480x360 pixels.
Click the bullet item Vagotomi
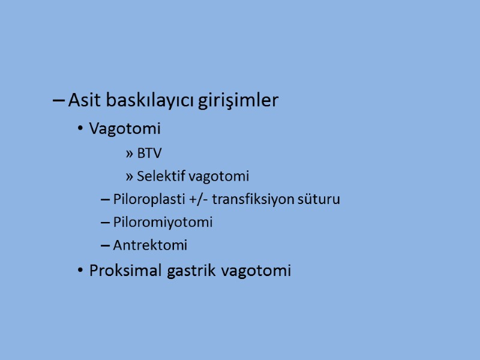[x=125, y=128]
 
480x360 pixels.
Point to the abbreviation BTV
[x=149, y=154]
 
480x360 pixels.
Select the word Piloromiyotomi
[x=163, y=222]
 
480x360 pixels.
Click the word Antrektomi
[x=150, y=245]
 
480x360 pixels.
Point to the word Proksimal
[x=121, y=271]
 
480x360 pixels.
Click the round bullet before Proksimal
[x=80, y=271]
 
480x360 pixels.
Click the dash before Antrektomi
[x=105, y=245]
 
